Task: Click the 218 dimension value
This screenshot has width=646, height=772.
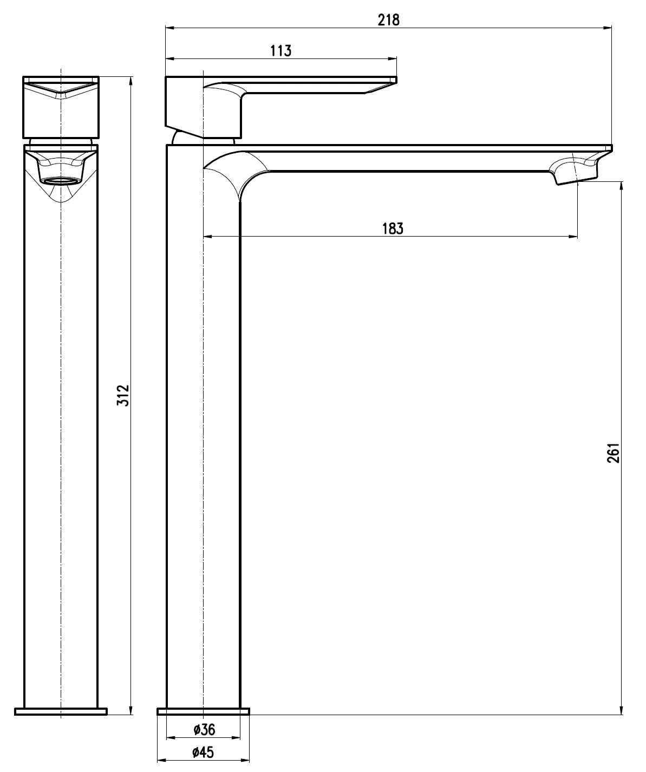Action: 389,19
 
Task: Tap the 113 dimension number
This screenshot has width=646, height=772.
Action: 280,51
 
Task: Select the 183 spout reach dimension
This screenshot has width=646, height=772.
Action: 393,228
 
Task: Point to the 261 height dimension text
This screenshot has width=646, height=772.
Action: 614,453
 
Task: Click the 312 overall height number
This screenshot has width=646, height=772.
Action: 123,395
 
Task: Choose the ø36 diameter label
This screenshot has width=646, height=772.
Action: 204,729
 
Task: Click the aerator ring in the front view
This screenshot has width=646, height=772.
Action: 61,181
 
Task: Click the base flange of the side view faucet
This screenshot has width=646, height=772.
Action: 204,711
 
